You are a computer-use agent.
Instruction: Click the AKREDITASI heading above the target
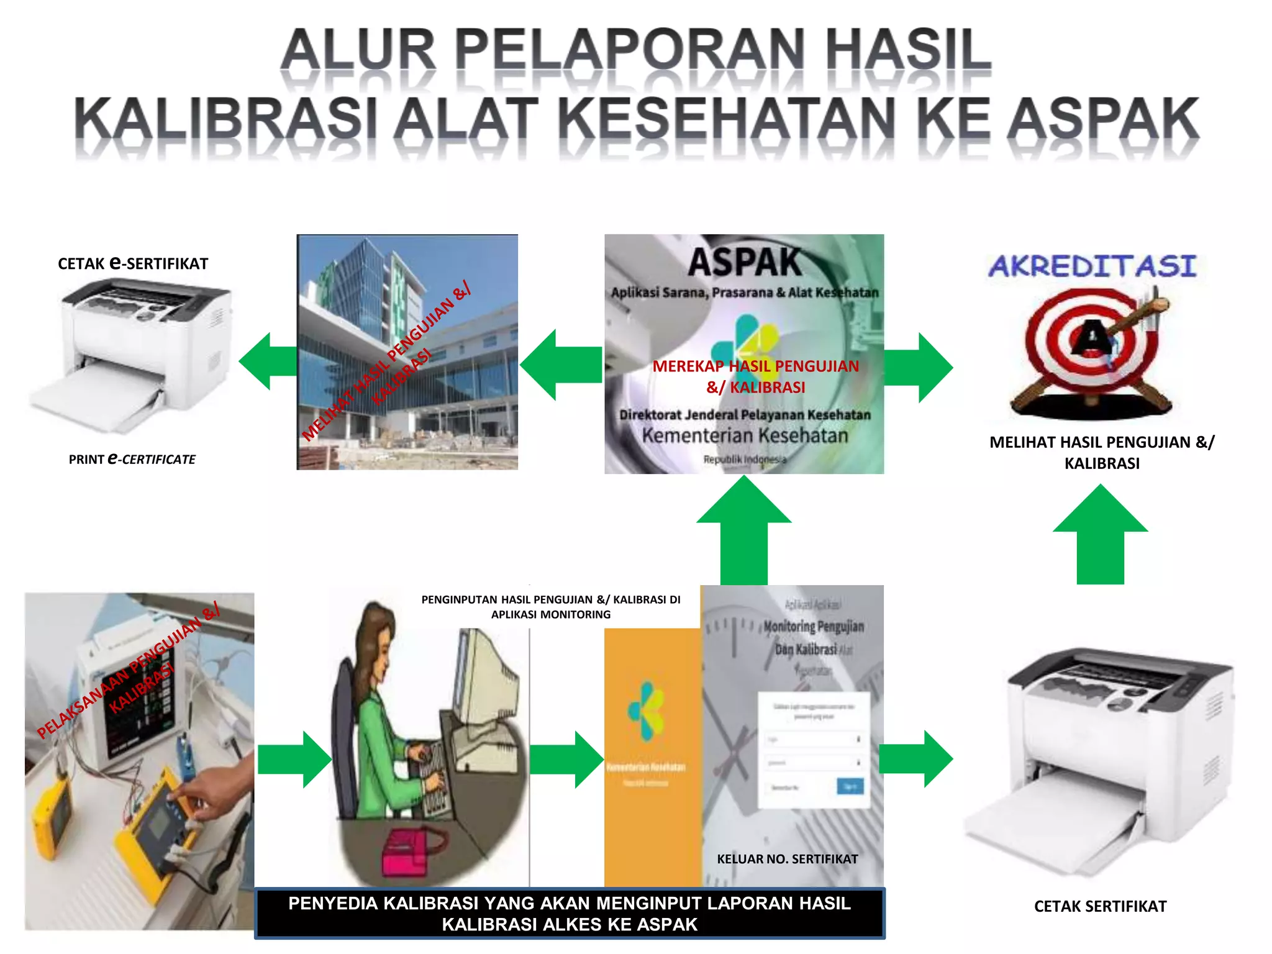coord(1093,266)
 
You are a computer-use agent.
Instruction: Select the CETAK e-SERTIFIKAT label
coord(133,263)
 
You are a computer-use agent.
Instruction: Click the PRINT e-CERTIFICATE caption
coord(132,459)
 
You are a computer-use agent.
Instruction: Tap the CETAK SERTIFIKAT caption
coord(1100,906)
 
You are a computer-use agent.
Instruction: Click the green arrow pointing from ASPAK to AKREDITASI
coord(918,368)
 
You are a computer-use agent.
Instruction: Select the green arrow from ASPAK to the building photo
coord(560,365)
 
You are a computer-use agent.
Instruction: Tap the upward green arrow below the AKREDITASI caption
coord(1100,534)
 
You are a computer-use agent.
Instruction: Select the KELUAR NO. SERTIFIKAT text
coord(787,859)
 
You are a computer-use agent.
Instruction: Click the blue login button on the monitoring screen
coord(850,787)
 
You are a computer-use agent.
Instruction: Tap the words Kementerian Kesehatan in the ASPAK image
coord(745,435)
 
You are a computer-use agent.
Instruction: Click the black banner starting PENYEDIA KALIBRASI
coord(570,914)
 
